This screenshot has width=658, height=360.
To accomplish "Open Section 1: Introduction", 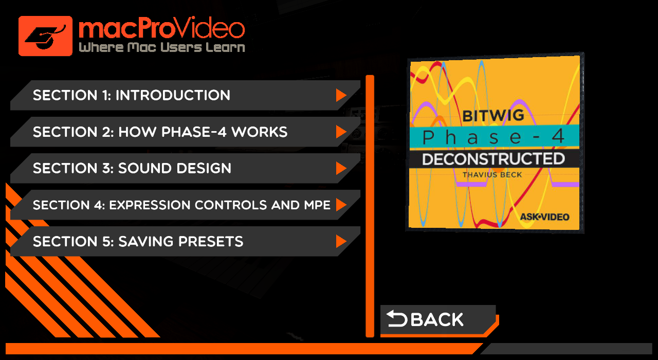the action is point(185,95).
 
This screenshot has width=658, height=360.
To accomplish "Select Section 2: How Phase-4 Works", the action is point(185,132).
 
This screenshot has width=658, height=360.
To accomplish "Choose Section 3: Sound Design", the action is point(185,168).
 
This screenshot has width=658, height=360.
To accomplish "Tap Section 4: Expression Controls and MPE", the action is point(185,205).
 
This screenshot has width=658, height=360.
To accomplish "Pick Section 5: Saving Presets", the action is point(185,241).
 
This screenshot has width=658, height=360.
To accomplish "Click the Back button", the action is point(438,320).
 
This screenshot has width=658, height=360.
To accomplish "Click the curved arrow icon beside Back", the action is point(397,318).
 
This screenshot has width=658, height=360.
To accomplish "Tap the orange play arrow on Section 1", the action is point(341,95).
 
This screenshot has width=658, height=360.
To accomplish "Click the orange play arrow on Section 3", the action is point(341,168).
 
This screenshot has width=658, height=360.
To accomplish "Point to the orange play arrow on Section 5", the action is point(341,241).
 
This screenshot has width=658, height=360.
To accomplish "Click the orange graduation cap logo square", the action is point(45,36).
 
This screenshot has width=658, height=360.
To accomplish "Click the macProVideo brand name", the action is point(161,28).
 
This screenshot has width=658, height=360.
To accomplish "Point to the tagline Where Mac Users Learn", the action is point(162,47).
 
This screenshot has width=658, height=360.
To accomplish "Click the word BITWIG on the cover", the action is point(493,116).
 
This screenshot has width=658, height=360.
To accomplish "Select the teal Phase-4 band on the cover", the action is point(495,136).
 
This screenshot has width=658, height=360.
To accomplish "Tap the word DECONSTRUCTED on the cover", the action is point(493,159).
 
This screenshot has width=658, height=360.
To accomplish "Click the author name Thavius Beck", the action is point(492,175).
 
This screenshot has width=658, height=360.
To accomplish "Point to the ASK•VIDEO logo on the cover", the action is point(544,217).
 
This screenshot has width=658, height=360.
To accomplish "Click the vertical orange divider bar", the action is point(370,206).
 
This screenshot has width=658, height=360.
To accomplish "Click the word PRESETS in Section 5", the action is point(211,242).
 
